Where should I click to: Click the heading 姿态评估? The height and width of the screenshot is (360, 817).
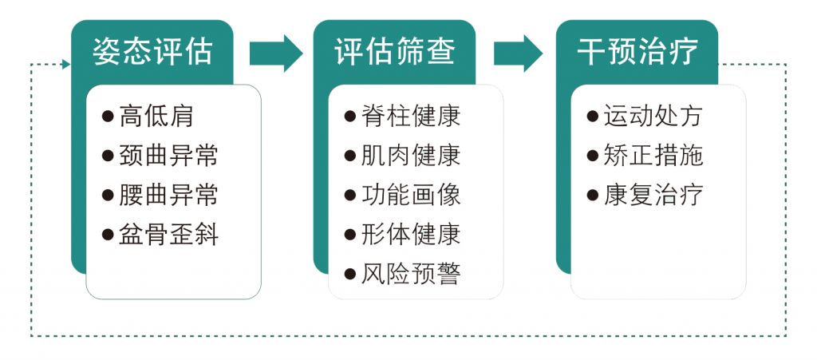coord(152,53)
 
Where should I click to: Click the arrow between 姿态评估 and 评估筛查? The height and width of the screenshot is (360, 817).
coord(276,53)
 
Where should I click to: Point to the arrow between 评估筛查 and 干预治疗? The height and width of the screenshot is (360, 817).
coord(518,53)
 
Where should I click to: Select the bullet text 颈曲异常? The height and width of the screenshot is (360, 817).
coord(168,155)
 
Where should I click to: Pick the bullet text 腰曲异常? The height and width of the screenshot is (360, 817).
coord(168,195)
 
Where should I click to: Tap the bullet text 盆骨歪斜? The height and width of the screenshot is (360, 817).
coord(168,235)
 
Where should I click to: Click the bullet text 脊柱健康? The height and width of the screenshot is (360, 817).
coord(410,116)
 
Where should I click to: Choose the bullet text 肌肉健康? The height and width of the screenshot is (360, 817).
coord(410,155)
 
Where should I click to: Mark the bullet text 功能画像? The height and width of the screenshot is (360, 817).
coord(410,195)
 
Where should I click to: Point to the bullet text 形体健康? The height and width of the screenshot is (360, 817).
coord(410,235)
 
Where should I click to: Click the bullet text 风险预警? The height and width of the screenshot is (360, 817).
coord(410,274)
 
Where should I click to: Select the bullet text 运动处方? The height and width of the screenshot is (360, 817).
coord(653,116)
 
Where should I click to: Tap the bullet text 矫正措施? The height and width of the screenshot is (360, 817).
coord(653,155)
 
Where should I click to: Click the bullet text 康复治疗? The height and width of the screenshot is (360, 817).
coord(653,195)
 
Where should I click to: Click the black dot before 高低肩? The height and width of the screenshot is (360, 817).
coord(109,117)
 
